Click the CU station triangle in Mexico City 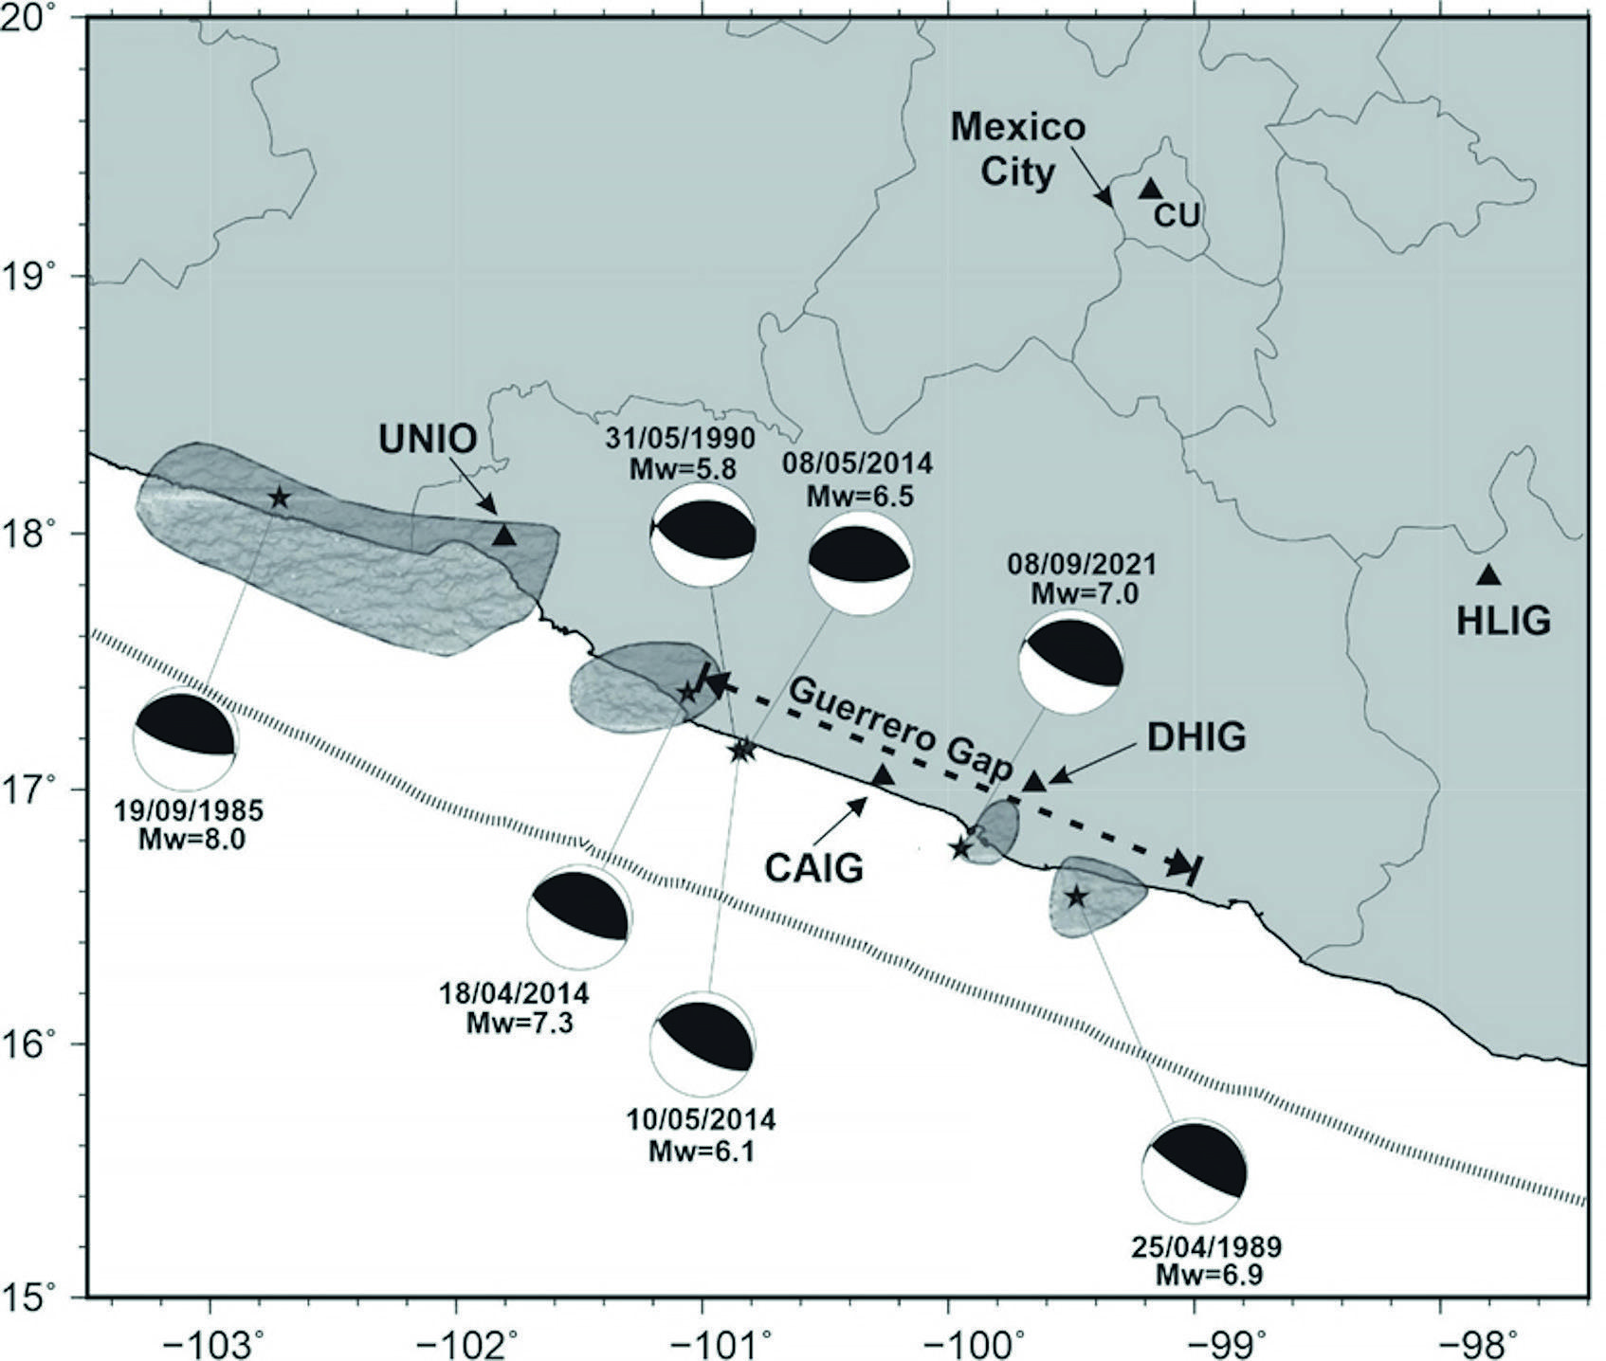[1150, 189]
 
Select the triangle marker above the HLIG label [1487, 574]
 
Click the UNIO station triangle [504, 536]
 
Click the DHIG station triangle [1034, 782]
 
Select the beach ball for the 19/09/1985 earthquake [185, 740]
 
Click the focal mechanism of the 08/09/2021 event [1070, 662]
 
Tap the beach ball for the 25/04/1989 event [1194, 1171]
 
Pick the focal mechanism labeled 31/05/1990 [703, 535]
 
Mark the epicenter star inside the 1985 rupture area [279, 497]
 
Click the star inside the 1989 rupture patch [1076, 896]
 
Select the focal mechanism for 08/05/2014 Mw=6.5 [860, 563]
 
